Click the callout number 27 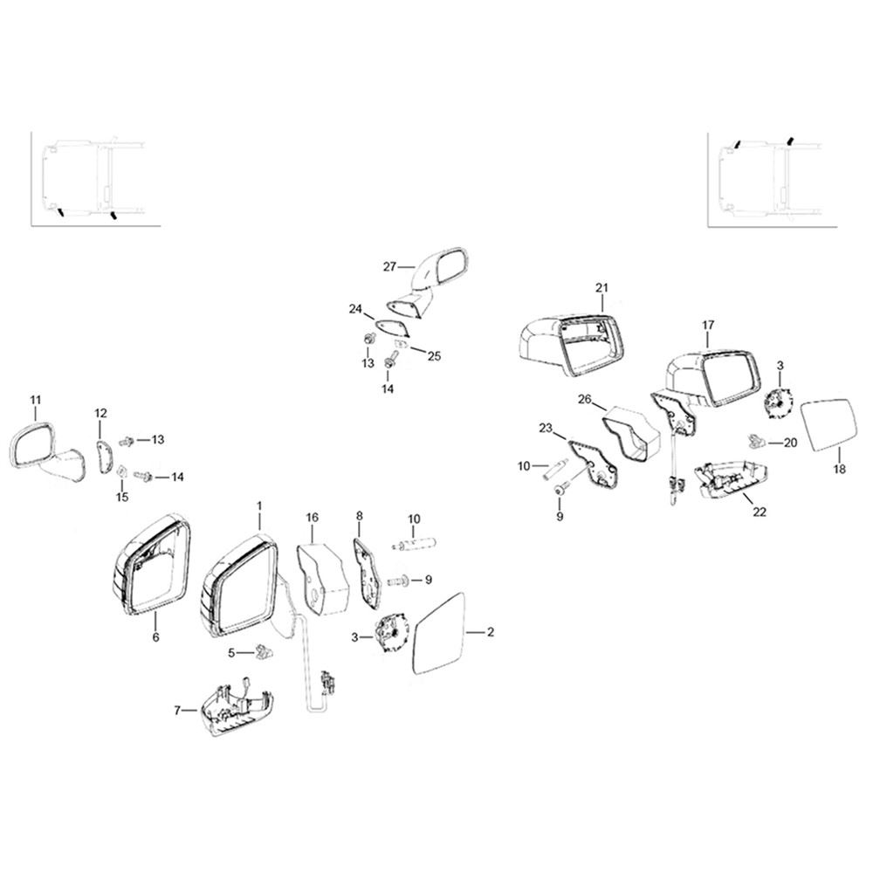click(x=389, y=266)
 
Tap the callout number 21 click(x=601, y=288)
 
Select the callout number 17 click(x=708, y=325)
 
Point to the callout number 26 click(x=585, y=400)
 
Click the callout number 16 click(x=313, y=517)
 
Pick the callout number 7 click(x=177, y=711)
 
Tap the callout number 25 click(x=434, y=356)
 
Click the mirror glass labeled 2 click(x=440, y=634)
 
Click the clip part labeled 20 click(x=755, y=441)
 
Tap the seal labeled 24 click(x=393, y=328)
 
